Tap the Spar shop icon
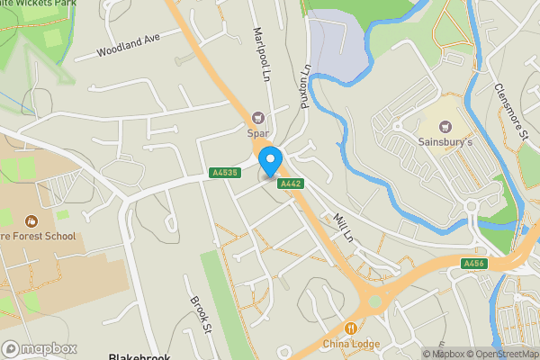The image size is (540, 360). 259,117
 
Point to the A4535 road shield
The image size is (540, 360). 223,173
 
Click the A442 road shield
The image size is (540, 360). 290,184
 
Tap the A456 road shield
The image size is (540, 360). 474,264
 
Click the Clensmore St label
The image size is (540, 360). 509,112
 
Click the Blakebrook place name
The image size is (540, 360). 139,355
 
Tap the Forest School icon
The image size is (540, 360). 31,220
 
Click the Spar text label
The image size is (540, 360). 259,134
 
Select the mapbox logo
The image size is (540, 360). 39,348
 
